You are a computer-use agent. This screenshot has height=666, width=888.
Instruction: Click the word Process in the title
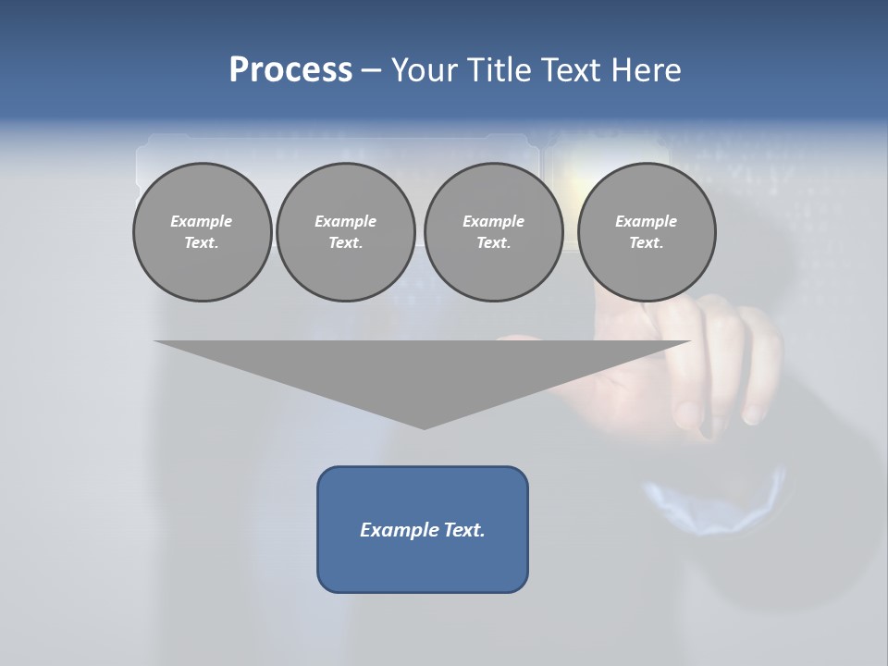290,70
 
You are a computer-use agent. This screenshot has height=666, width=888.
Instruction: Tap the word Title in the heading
494,70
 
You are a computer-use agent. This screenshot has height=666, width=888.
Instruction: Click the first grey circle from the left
202,232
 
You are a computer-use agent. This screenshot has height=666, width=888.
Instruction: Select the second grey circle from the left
345,232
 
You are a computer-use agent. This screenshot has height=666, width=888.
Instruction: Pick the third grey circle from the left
493,232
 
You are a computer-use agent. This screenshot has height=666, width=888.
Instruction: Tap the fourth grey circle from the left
647,232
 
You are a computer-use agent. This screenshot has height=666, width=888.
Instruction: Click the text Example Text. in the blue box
423,530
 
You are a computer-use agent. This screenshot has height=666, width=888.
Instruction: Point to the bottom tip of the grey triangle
424,426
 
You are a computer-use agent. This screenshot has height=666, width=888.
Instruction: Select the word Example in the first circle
202,221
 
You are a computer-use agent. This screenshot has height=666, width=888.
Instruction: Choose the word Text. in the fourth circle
647,243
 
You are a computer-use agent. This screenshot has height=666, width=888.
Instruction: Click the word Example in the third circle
493,221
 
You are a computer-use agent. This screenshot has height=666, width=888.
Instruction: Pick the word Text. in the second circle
345,243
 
